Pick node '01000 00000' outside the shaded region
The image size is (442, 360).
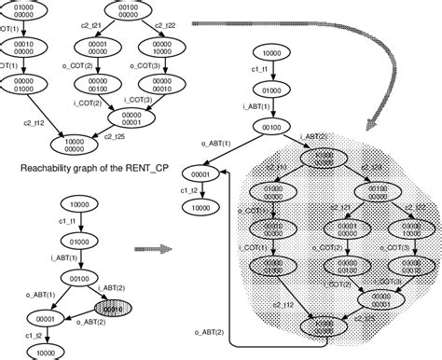[19, 11]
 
